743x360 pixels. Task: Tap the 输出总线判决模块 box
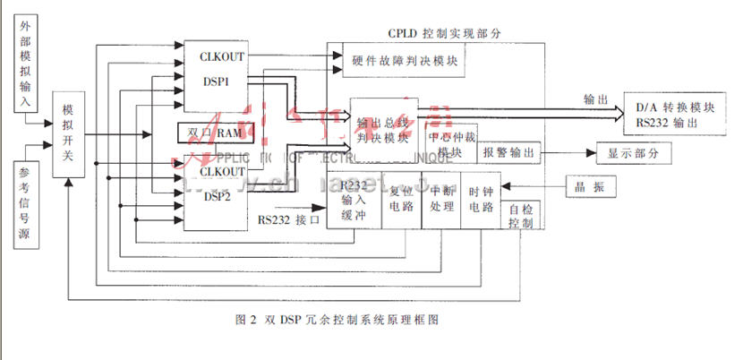tap(383, 130)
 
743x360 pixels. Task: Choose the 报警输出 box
tap(509, 153)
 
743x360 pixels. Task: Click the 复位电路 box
tap(400, 200)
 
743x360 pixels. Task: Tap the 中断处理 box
tap(441, 200)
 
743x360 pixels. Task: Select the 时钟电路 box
tap(481, 200)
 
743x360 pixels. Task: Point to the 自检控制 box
tap(520, 216)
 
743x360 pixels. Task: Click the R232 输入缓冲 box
tap(354, 200)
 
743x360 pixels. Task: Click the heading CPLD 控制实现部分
tap(445, 32)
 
